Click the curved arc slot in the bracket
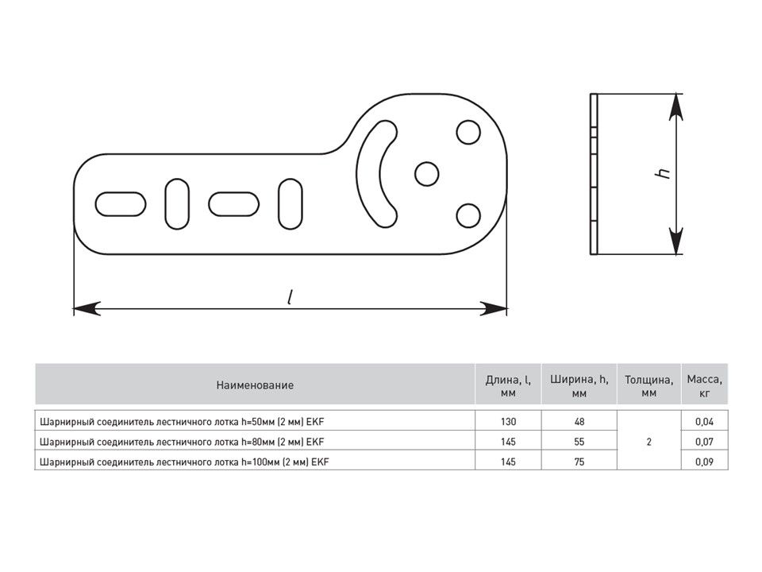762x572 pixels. tap(368, 174)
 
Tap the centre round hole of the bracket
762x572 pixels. tap(427, 174)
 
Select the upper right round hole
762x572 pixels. tap(468, 133)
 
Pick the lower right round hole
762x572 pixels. tap(468, 216)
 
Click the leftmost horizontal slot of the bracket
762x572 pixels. tap(121, 204)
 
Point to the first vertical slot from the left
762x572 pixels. tap(177, 204)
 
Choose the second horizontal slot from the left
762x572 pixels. tap(233, 204)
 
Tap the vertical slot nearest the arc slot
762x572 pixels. tap(291, 204)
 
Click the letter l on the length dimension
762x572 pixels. tap(291, 296)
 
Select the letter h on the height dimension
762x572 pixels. tap(663, 172)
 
